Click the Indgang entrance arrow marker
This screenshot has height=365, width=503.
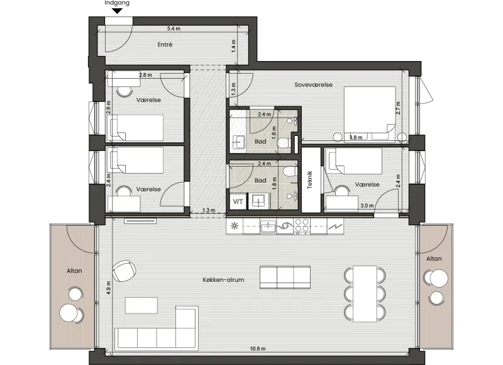(x=118, y=11)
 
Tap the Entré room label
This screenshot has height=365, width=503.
(x=165, y=45)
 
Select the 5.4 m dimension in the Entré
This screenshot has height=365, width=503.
(x=174, y=28)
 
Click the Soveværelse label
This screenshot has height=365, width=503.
(x=313, y=85)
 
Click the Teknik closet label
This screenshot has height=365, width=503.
(x=309, y=179)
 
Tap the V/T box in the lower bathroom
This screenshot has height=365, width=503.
(x=238, y=201)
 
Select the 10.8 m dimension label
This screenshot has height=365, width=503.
(x=258, y=349)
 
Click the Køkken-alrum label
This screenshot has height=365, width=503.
(x=223, y=280)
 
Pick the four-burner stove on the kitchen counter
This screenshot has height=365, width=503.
(x=302, y=226)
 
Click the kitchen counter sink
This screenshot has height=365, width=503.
(x=268, y=226)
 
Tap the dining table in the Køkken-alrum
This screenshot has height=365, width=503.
(x=365, y=294)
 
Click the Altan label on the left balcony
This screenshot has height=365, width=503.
(x=74, y=271)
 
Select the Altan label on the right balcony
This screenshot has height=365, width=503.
(x=434, y=259)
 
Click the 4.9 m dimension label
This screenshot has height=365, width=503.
(x=108, y=288)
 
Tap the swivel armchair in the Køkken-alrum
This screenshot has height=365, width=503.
(x=124, y=271)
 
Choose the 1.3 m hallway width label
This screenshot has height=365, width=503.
(x=209, y=210)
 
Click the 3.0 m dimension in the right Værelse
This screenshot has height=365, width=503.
(x=367, y=205)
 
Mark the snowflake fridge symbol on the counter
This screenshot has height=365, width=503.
(x=235, y=226)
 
